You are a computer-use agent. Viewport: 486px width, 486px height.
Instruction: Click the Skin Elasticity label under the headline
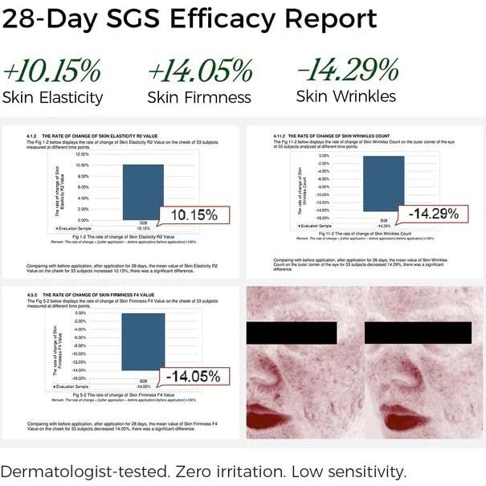tap(53, 98)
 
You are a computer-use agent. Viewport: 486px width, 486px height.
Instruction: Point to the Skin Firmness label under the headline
tap(199, 98)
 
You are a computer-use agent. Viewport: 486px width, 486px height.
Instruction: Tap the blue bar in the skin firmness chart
tap(143, 341)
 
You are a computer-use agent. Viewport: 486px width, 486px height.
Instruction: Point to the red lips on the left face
tap(267, 418)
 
